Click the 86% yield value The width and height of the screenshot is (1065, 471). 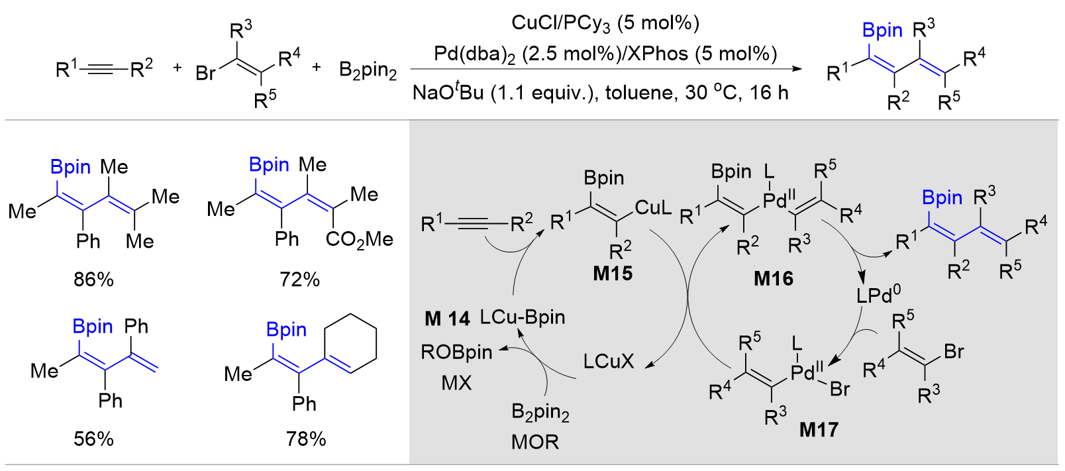tap(93, 280)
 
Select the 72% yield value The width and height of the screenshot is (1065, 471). tap(299, 280)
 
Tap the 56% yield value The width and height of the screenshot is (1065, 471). tap(93, 439)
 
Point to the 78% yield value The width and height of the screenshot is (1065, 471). tap(306, 439)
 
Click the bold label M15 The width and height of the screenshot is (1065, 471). tap(612, 273)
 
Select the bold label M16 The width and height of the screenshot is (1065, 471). tap(773, 279)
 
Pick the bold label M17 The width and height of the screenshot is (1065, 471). tap(819, 430)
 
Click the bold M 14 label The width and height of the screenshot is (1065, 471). tap(447, 319)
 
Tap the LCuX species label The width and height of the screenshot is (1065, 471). tap(608, 362)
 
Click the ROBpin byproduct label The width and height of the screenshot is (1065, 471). tap(456, 352)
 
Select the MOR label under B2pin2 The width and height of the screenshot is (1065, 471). tap(534, 442)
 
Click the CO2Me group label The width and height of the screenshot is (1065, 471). tap(359, 239)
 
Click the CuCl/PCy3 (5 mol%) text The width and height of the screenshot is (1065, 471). tap(605, 23)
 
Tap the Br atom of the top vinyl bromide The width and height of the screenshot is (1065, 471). tap(205, 73)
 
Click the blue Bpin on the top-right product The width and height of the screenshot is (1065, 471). tap(882, 30)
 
